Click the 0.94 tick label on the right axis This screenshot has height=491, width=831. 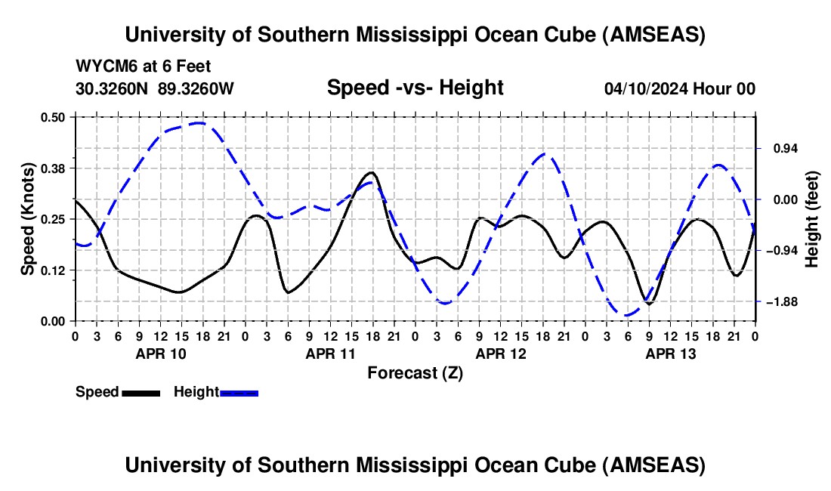tap(780, 148)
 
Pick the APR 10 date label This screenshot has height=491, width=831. tap(159, 353)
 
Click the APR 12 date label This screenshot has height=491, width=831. tap(500, 353)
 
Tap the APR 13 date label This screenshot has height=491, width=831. tap(670, 353)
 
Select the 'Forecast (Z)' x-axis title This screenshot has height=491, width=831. tap(415, 372)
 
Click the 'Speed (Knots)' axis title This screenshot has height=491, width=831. tap(28, 219)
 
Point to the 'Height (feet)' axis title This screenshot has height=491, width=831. tap(812, 219)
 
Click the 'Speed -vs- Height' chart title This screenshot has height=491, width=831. tap(415, 88)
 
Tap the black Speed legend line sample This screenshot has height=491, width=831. tap(141, 392)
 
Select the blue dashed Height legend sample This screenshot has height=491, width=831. tap(239, 392)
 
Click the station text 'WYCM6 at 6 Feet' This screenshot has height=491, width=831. tap(144, 66)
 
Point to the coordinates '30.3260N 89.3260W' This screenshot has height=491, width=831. tap(155, 88)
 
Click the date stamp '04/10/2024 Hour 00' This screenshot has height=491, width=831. tap(679, 88)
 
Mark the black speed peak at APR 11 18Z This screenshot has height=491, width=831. tap(372, 172)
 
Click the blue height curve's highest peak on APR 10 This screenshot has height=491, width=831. tap(198, 122)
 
